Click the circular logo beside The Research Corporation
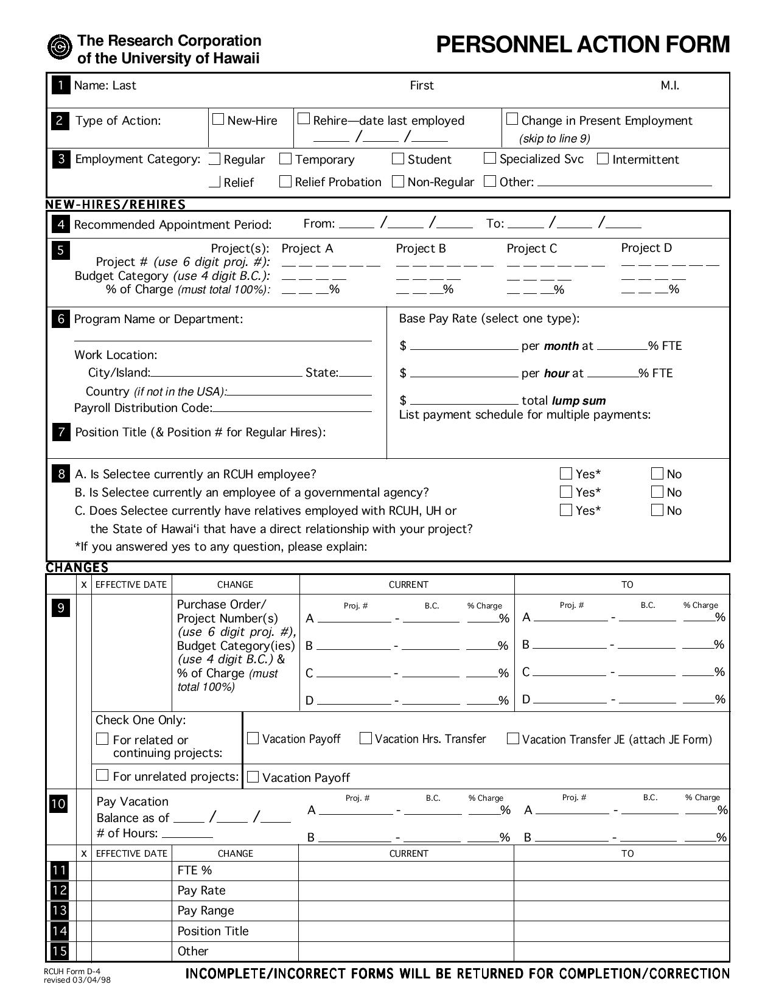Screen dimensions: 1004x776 pyautogui.click(x=60, y=47)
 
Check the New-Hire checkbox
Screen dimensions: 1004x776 pyautogui.click(x=218, y=119)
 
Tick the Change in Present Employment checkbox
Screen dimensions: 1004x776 pyautogui.click(x=512, y=119)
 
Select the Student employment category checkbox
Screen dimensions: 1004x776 pyautogui.click(x=398, y=159)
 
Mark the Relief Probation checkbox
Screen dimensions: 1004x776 pyautogui.click(x=285, y=181)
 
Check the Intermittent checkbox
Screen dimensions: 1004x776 pyautogui.click(x=603, y=159)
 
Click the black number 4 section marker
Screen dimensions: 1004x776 pyautogui.click(x=61, y=225)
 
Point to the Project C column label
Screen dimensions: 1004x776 pyautogui.click(x=531, y=248)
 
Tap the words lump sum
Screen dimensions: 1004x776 pyautogui.click(x=578, y=400)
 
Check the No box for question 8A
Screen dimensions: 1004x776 pyautogui.click(x=657, y=473)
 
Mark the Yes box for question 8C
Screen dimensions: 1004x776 pyautogui.click(x=566, y=510)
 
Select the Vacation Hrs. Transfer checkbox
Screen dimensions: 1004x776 pyautogui.click(x=366, y=738)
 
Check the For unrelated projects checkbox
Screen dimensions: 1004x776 pyautogui.click(x=103, y=775)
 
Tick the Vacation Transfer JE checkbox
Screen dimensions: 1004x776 pyautogui.click(x=513, y=738)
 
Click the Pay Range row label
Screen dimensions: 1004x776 pyautogui.click(x=206, y=910)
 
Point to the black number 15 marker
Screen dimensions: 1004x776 pyautogui.click(x=59, y=950)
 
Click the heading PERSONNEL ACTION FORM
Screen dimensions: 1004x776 pyautogui.click(x=582, y=44)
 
